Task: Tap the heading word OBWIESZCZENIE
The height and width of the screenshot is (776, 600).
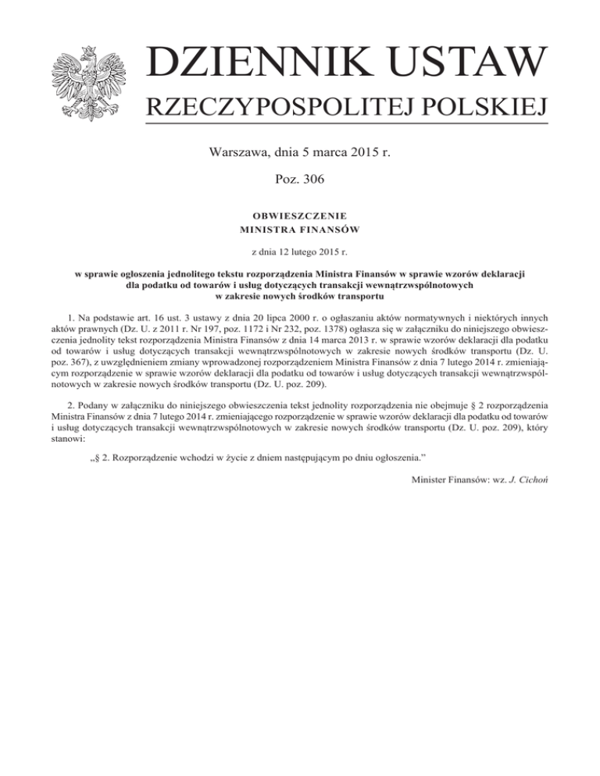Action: coord(300,215)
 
